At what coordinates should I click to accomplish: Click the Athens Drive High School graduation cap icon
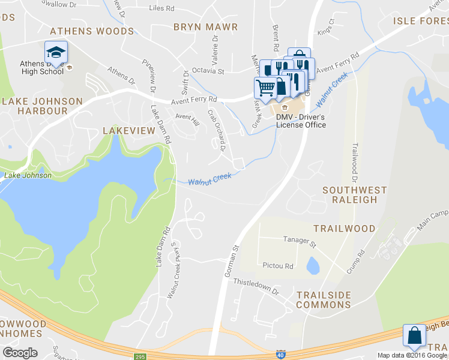[56, 52]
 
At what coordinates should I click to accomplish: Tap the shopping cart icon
[265, 88]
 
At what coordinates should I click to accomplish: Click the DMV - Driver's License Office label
[301, 121]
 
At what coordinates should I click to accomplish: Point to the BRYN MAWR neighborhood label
[205, 27]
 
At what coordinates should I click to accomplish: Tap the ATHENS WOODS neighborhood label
[92, 31]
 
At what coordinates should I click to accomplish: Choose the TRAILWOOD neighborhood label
[344, 229]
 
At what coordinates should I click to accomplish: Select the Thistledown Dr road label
[256, 286]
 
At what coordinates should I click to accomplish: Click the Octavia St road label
[208, 71]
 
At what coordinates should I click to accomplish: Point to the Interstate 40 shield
[280, 355]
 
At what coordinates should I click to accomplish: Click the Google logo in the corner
[20, 353]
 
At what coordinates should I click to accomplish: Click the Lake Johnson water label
[28, 175]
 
